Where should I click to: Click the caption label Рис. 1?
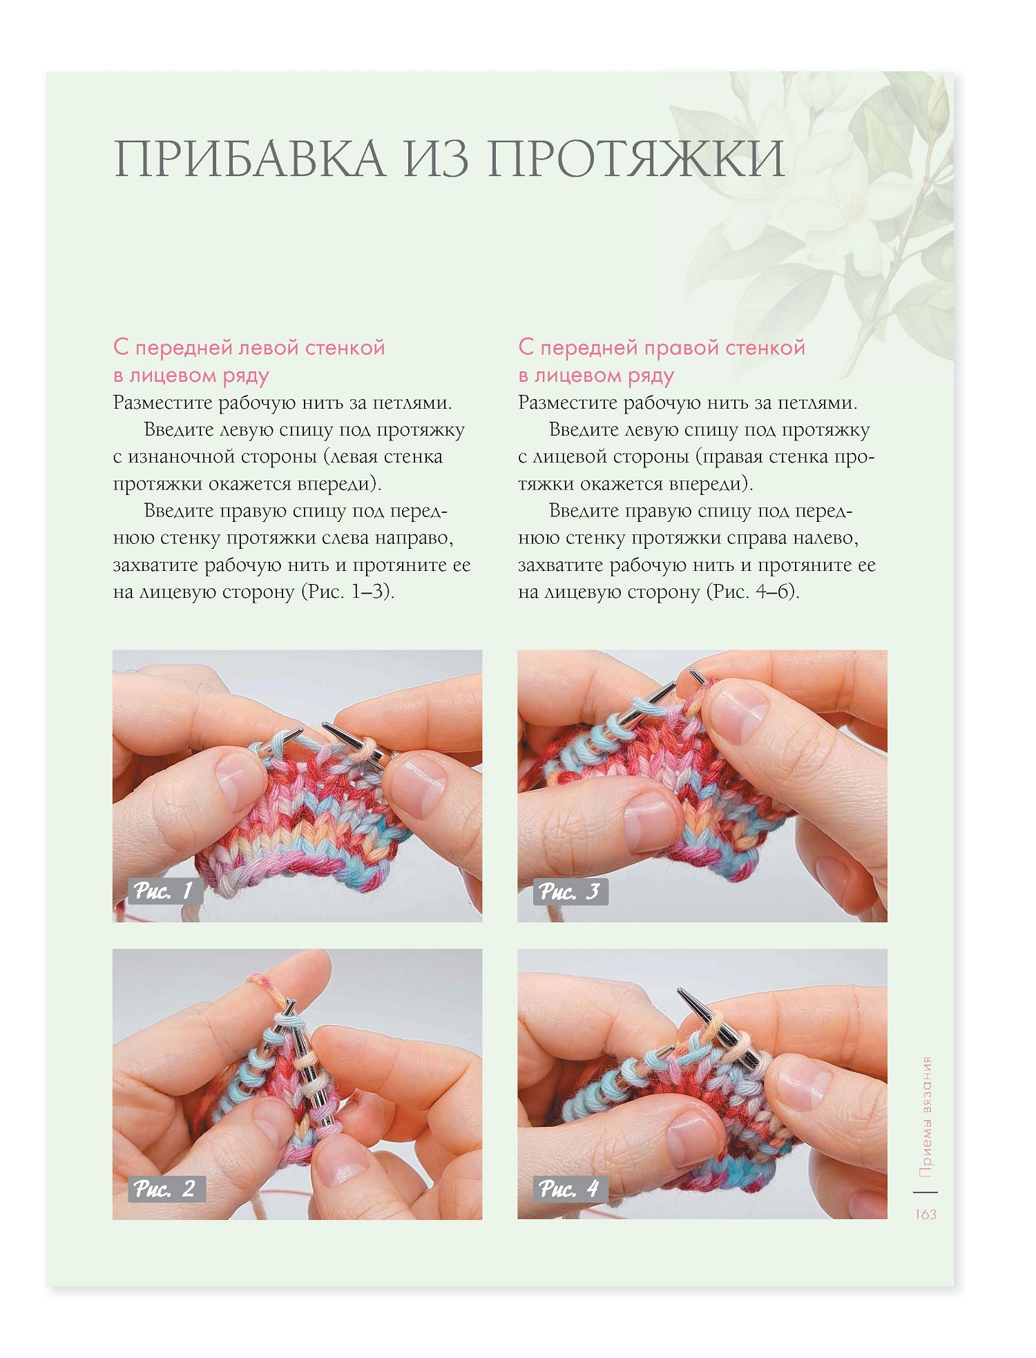click(x=164, y=891)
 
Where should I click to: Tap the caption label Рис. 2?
click(x=166, y=1188)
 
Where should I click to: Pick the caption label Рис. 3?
click(x=570, y=891)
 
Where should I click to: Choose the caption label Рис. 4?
click(x=570, y=1188)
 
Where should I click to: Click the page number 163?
click(x=925, y=1214)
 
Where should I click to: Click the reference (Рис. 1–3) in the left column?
click(x=348, y=592)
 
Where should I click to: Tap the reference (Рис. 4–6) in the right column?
click(x=753, y=592)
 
